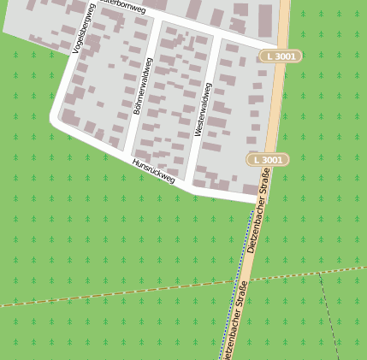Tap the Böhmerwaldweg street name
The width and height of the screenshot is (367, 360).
[142, 86]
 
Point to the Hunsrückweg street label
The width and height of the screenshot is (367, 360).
[153, 171]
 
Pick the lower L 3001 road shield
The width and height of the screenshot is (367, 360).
[268, 160]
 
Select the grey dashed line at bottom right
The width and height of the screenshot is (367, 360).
[330, 316]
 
